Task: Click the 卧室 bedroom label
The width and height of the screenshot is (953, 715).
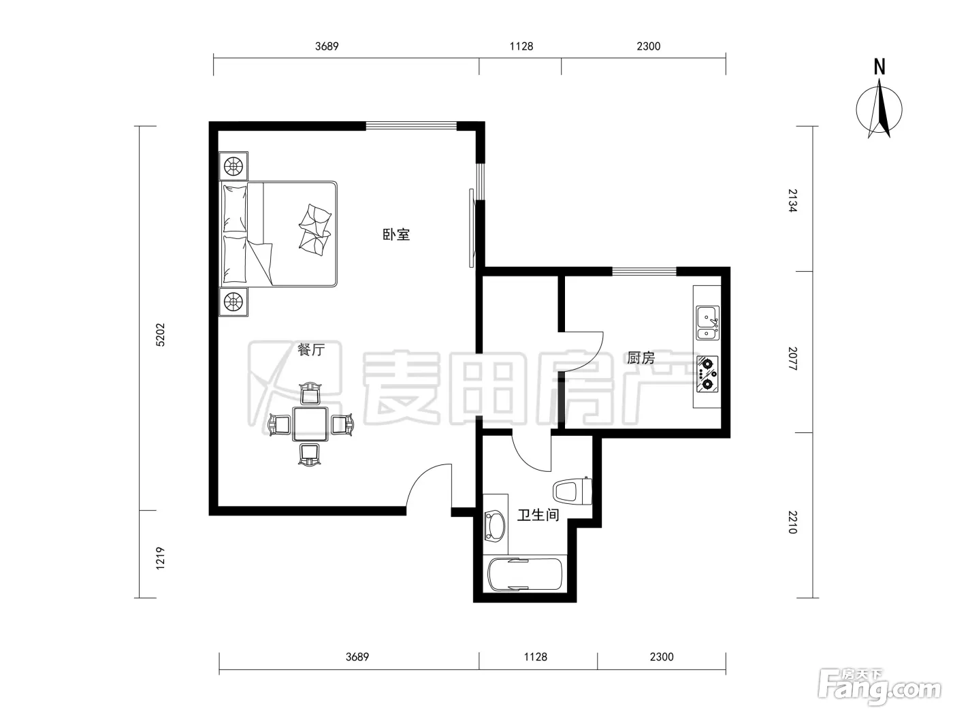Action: coord(396,235)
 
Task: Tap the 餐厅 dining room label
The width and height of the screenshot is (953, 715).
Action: coord(311,349)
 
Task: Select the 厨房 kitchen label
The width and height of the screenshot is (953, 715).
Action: coord(641,358)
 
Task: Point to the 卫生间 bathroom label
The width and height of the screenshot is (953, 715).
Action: coord(538,515)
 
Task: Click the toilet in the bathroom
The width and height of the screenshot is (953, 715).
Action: coord(572,491)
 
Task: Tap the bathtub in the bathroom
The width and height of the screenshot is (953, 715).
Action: coord(525,574)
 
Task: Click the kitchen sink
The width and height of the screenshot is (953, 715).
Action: coord(707,323)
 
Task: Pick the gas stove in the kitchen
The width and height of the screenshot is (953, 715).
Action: coord(707,375)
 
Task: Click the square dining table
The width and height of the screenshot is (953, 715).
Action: coord(310,424)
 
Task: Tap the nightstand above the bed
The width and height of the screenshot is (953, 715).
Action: coord(233,166)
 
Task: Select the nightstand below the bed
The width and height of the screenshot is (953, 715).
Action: coord(233,301)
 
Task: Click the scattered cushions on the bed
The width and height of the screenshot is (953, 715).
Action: coord(314,229)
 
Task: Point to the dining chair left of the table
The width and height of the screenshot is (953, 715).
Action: coord(279,424)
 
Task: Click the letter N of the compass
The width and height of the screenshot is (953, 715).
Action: coord(879,67)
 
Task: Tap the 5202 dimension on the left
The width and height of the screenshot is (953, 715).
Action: coord(160,335)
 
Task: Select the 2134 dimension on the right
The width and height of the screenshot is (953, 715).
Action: coord(792,200)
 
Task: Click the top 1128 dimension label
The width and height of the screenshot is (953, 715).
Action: coord(521,46)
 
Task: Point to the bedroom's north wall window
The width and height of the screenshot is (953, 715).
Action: coord(411,126)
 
